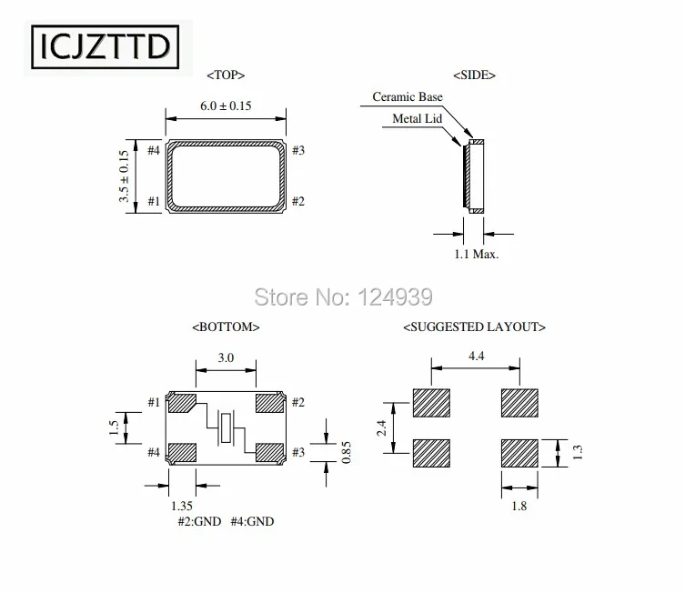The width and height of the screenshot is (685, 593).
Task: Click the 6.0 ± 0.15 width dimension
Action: click(226, 106)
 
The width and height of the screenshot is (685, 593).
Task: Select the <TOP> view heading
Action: click(226, 75)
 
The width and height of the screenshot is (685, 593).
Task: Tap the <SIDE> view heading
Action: click(474, 75)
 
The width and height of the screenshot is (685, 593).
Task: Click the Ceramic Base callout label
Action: click(407, 97)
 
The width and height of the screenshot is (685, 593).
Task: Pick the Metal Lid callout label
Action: click(417, 118)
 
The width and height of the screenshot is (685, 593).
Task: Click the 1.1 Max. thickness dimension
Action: click(476, 255)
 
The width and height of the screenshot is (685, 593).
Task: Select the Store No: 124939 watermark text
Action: click(341, 296)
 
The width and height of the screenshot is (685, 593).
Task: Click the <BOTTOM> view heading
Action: click(226, 326)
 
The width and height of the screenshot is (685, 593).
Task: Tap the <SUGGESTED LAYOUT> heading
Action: click(474, 326)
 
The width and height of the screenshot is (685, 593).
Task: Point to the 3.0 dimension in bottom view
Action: click(226, 358)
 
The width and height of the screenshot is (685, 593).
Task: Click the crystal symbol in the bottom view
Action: click(227, 427)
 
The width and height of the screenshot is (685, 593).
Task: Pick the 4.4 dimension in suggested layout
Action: click(475, 358)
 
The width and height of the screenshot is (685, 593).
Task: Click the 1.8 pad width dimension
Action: click(519, 507)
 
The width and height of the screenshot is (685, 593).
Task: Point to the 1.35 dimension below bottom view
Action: click(181, 506)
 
